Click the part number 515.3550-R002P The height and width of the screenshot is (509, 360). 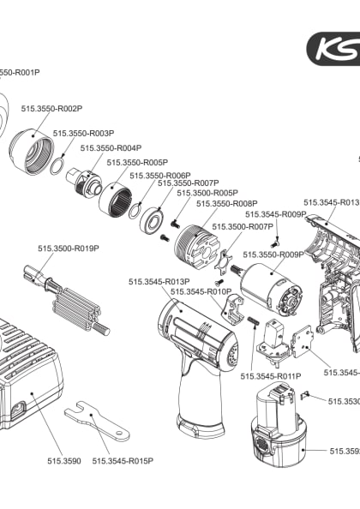51,109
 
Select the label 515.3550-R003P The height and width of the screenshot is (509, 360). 83,134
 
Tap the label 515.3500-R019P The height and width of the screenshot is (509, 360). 68,248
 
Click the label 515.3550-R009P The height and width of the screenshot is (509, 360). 274,254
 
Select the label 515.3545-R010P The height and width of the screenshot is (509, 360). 201,291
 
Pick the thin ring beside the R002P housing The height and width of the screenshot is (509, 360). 57,163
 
